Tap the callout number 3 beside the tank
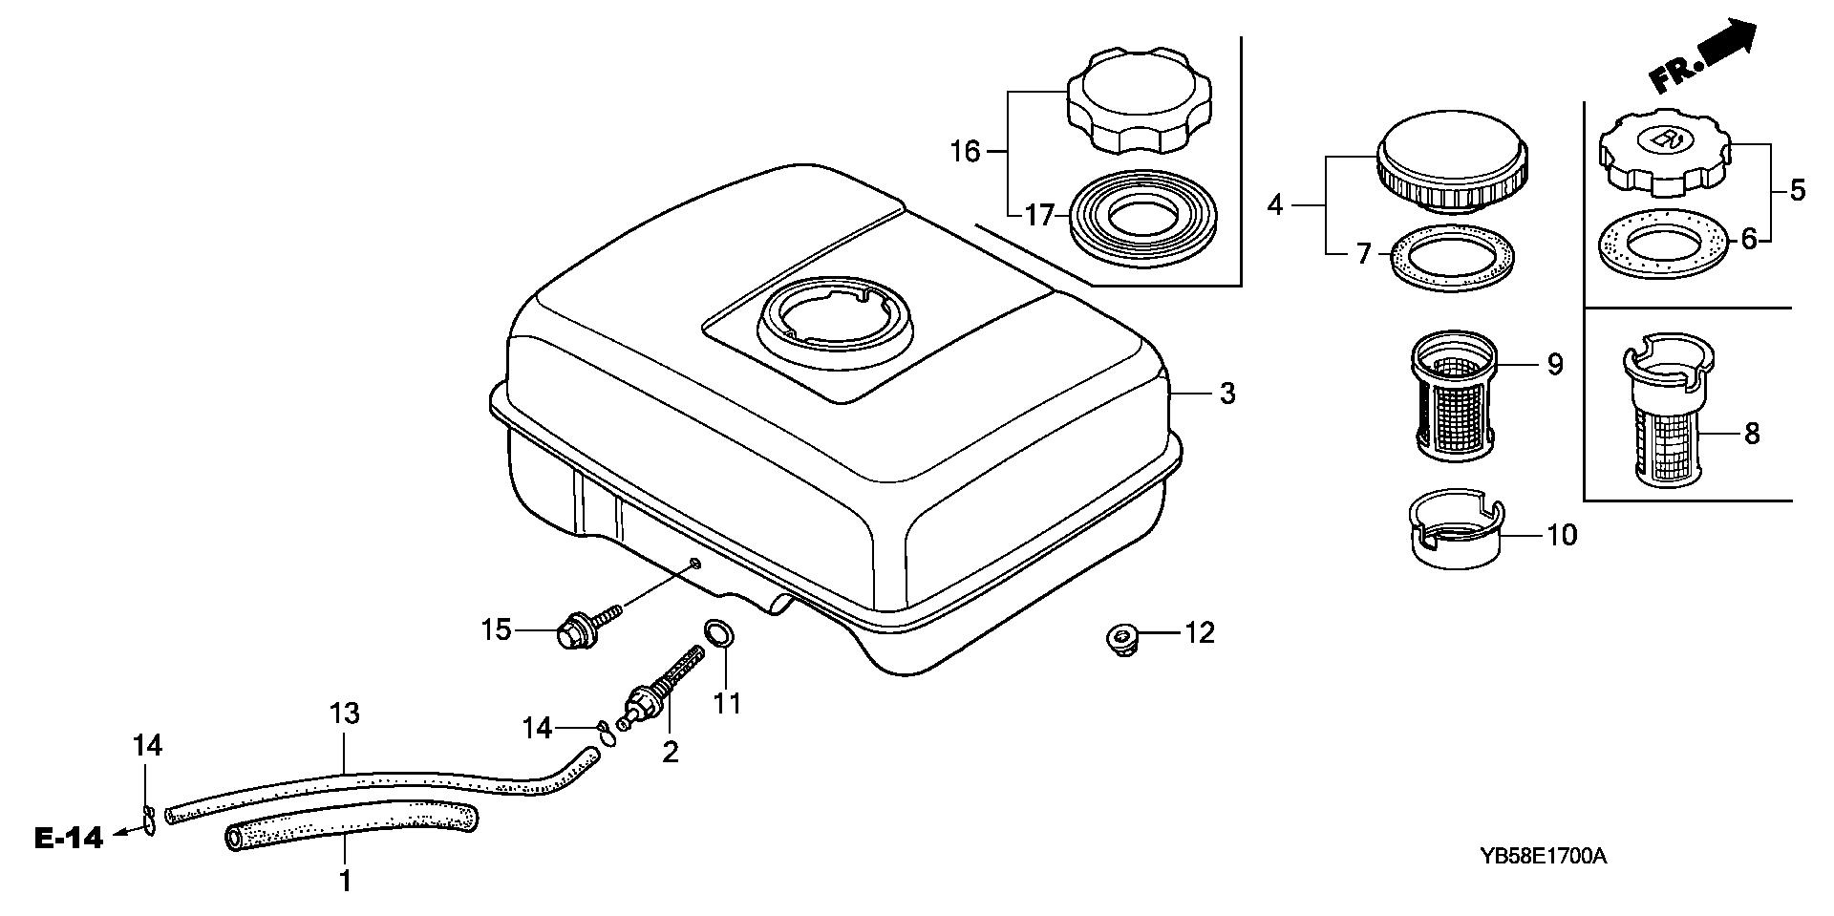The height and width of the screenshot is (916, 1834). point(1227,393)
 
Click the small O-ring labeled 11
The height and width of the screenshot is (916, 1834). point(720,634)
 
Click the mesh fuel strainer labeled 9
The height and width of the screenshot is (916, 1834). point(1452,395)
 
